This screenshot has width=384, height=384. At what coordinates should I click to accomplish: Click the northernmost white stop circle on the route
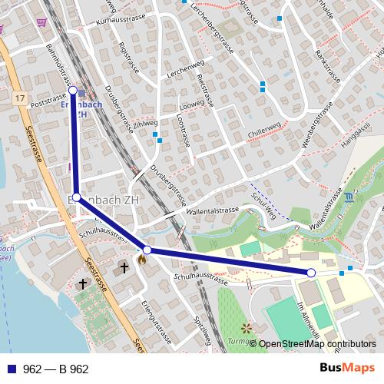point(73,91)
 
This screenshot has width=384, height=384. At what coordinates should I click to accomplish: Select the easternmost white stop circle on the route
point(311,273)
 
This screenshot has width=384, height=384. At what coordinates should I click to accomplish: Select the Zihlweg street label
point(145,122)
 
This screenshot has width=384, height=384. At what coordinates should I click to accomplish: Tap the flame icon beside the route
point(142,259)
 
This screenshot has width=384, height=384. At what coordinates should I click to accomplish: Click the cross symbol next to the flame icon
point(124,268)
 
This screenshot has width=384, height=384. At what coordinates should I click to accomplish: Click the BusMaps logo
point(346,368)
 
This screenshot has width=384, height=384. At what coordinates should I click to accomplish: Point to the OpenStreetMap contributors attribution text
point(317,344)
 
